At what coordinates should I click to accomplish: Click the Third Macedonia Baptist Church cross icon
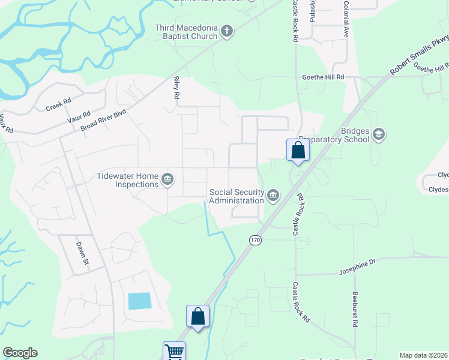(226, 31)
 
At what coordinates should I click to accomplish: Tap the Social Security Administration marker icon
(273, 196)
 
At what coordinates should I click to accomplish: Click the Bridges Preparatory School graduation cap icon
(378, 134)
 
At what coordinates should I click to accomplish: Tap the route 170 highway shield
(256, 240)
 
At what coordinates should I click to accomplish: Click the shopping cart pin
(174, 351)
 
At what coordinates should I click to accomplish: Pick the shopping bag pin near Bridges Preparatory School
(298, 151)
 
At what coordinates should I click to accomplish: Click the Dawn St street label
(82, 253)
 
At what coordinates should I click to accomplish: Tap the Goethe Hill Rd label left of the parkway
(323, 77)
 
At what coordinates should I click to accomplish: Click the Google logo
(20, 353)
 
